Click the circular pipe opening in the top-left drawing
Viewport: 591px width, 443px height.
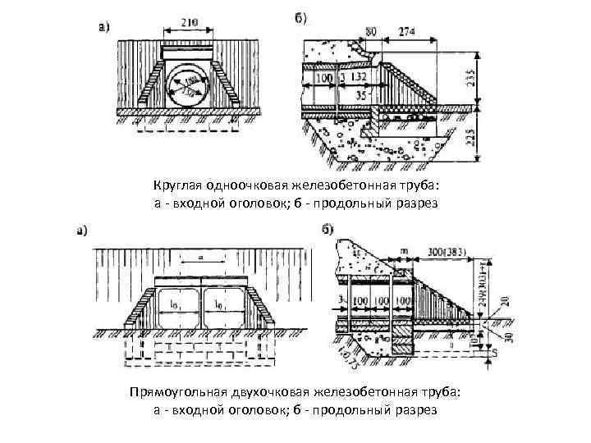point(190,84)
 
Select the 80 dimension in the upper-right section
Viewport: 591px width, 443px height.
point(370,31)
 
